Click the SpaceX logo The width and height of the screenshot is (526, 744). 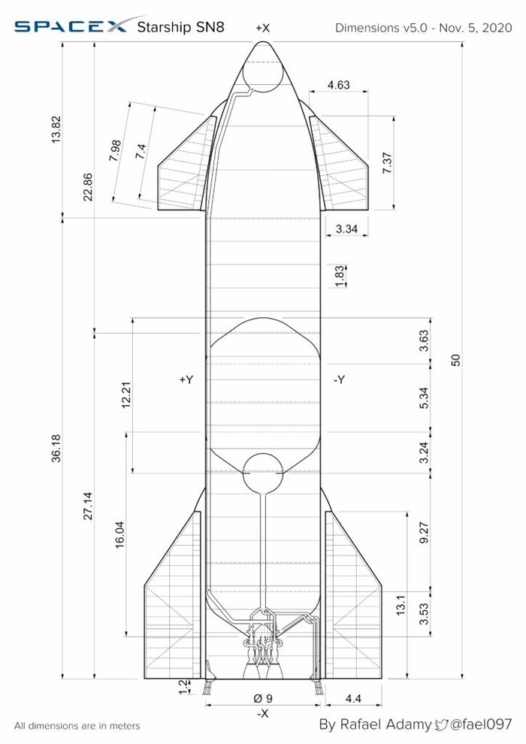(71, 28)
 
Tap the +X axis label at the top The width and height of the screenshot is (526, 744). (262, 28)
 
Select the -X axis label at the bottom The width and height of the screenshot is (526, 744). (262, 713)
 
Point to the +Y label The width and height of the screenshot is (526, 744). (186, 380)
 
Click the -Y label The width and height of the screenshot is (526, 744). (340, 380)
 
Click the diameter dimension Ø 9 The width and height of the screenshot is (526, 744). (262, 698)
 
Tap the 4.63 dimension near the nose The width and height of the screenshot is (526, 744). (339, 86)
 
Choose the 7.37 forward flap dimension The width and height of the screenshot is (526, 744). (387, 163)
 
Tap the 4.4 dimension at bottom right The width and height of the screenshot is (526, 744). (353, 698)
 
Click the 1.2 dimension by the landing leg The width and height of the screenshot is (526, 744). (180, 686)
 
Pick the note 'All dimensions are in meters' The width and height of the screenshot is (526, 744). (77, 726)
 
